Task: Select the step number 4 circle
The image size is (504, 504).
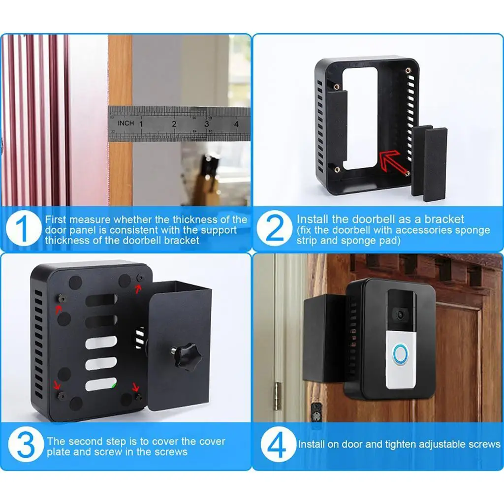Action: coord(278,445)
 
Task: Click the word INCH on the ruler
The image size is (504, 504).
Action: coord(126,123)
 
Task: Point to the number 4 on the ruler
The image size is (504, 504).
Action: coord(237,124)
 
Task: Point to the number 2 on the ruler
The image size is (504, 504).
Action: coord(174,124)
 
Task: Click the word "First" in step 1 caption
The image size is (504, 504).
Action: coord(56,220)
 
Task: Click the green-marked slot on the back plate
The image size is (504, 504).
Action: coord(101,384)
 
